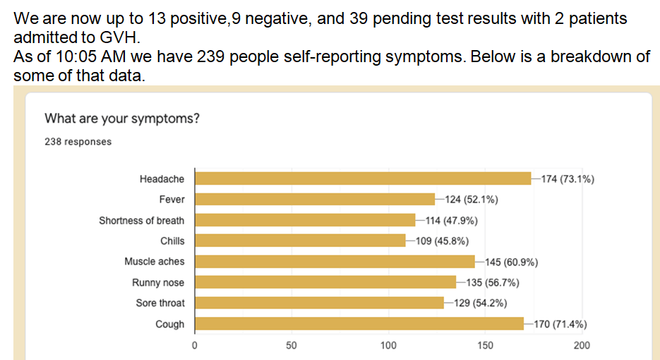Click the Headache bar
(362, 179)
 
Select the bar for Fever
(314, 199)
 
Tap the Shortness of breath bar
(304, 220)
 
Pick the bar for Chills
(300, 241)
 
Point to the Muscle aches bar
(335, 262)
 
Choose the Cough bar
(359, 324)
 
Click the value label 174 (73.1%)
(567, 179)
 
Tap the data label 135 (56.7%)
(493, 283)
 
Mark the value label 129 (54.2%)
(480, 304)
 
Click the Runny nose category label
(158, 282)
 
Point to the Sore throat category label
(160, 303)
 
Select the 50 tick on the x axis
(291, 346)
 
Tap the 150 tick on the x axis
(485, 346)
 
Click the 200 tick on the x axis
(582, 346)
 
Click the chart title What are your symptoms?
(122, 118)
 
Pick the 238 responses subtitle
(78, 141)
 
